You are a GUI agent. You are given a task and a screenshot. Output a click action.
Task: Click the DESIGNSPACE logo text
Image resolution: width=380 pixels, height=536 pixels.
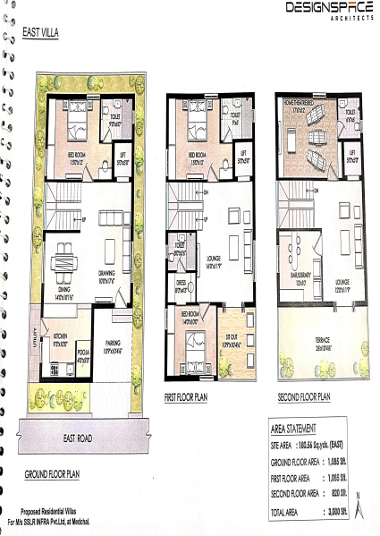(x=328, y=8)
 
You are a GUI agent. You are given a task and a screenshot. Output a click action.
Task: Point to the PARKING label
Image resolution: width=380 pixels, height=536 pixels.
(x=113, y=341)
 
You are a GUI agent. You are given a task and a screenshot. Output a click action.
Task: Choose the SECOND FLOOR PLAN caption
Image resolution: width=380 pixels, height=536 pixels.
(x=304, y=396)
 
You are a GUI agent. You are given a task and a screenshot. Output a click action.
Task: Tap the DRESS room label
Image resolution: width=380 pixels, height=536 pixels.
(x=181, y=288)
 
